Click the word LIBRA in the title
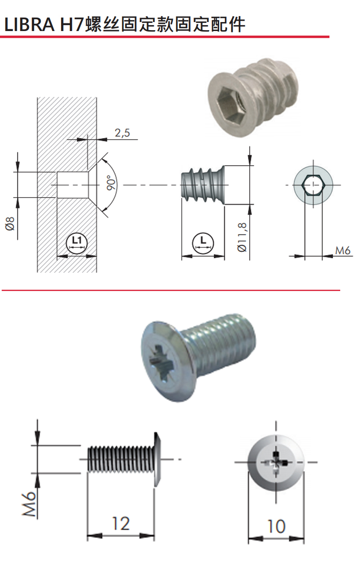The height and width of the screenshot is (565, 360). point(29,24)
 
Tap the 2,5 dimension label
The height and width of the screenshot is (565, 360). point(122,133)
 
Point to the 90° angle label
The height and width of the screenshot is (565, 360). point(111,182)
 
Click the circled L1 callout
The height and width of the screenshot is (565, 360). point(76,243)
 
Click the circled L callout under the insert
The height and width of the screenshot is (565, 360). point(203,243)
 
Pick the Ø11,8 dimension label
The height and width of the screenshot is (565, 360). point(242,237)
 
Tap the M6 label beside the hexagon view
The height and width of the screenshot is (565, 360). point(343,251)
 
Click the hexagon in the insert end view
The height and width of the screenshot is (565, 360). point(313,185)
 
